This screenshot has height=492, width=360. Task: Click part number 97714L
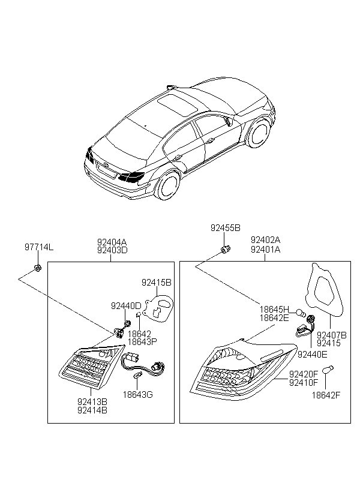39,247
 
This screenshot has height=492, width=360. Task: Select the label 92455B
226,228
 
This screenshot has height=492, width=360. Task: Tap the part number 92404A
112,242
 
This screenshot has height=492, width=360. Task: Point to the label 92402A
266,240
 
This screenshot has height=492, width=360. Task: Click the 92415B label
157,283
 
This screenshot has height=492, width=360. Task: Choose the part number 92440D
126,305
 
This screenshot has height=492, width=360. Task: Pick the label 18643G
138,395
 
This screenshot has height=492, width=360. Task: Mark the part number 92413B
92,401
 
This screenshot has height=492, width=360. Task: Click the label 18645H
274,310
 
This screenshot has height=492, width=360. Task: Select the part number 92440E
312,354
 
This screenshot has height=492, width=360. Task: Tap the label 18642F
326,395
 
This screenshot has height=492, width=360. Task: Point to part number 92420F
304,374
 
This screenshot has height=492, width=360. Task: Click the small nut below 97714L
37,268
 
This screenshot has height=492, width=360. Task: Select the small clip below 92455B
226,250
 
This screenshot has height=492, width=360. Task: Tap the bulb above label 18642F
328,370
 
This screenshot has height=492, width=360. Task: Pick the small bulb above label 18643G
137,375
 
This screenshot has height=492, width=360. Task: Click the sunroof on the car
177,103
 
